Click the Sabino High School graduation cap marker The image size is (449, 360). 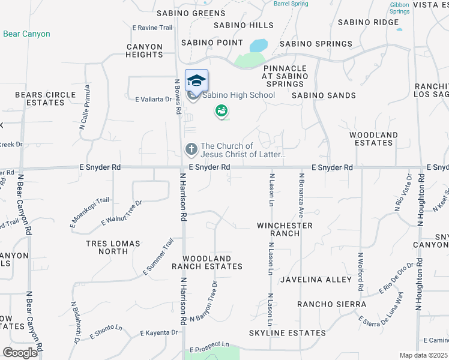196,81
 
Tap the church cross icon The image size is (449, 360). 191,148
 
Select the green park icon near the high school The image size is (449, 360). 221,111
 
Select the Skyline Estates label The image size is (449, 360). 288,332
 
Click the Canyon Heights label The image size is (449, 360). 144,50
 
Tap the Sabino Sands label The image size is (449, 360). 324,95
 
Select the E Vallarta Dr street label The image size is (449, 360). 154,100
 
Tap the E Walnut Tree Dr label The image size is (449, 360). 121,213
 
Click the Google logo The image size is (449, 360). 20,353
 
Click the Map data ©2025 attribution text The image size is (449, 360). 423,355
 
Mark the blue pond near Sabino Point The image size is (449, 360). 259,46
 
